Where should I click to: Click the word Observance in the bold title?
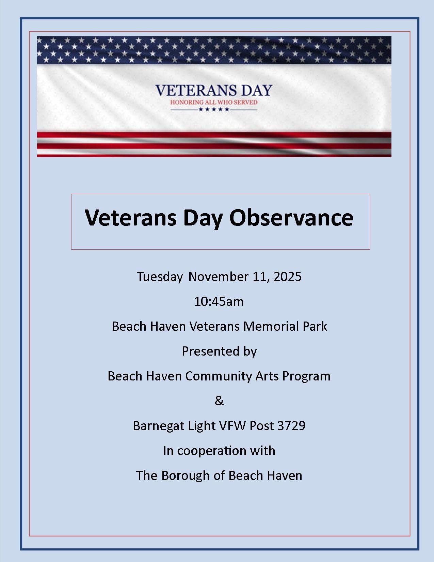pos(291,217)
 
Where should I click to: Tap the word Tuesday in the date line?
pos(160,277)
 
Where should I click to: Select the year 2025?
pos(287,276)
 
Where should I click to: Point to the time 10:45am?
pos(219,301)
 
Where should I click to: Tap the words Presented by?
pos(219,352)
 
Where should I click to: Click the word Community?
pos(219,376)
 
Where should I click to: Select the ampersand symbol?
pos(219,401)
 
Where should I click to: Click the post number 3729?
pos(291,425)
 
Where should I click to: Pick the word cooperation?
pos(212,451)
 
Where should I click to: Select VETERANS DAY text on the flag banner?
pos(213,91)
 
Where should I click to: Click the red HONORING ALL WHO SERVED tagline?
pos(214,103)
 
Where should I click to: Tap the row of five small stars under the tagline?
pos(214,109)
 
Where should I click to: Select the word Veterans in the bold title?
pos(131,217)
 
